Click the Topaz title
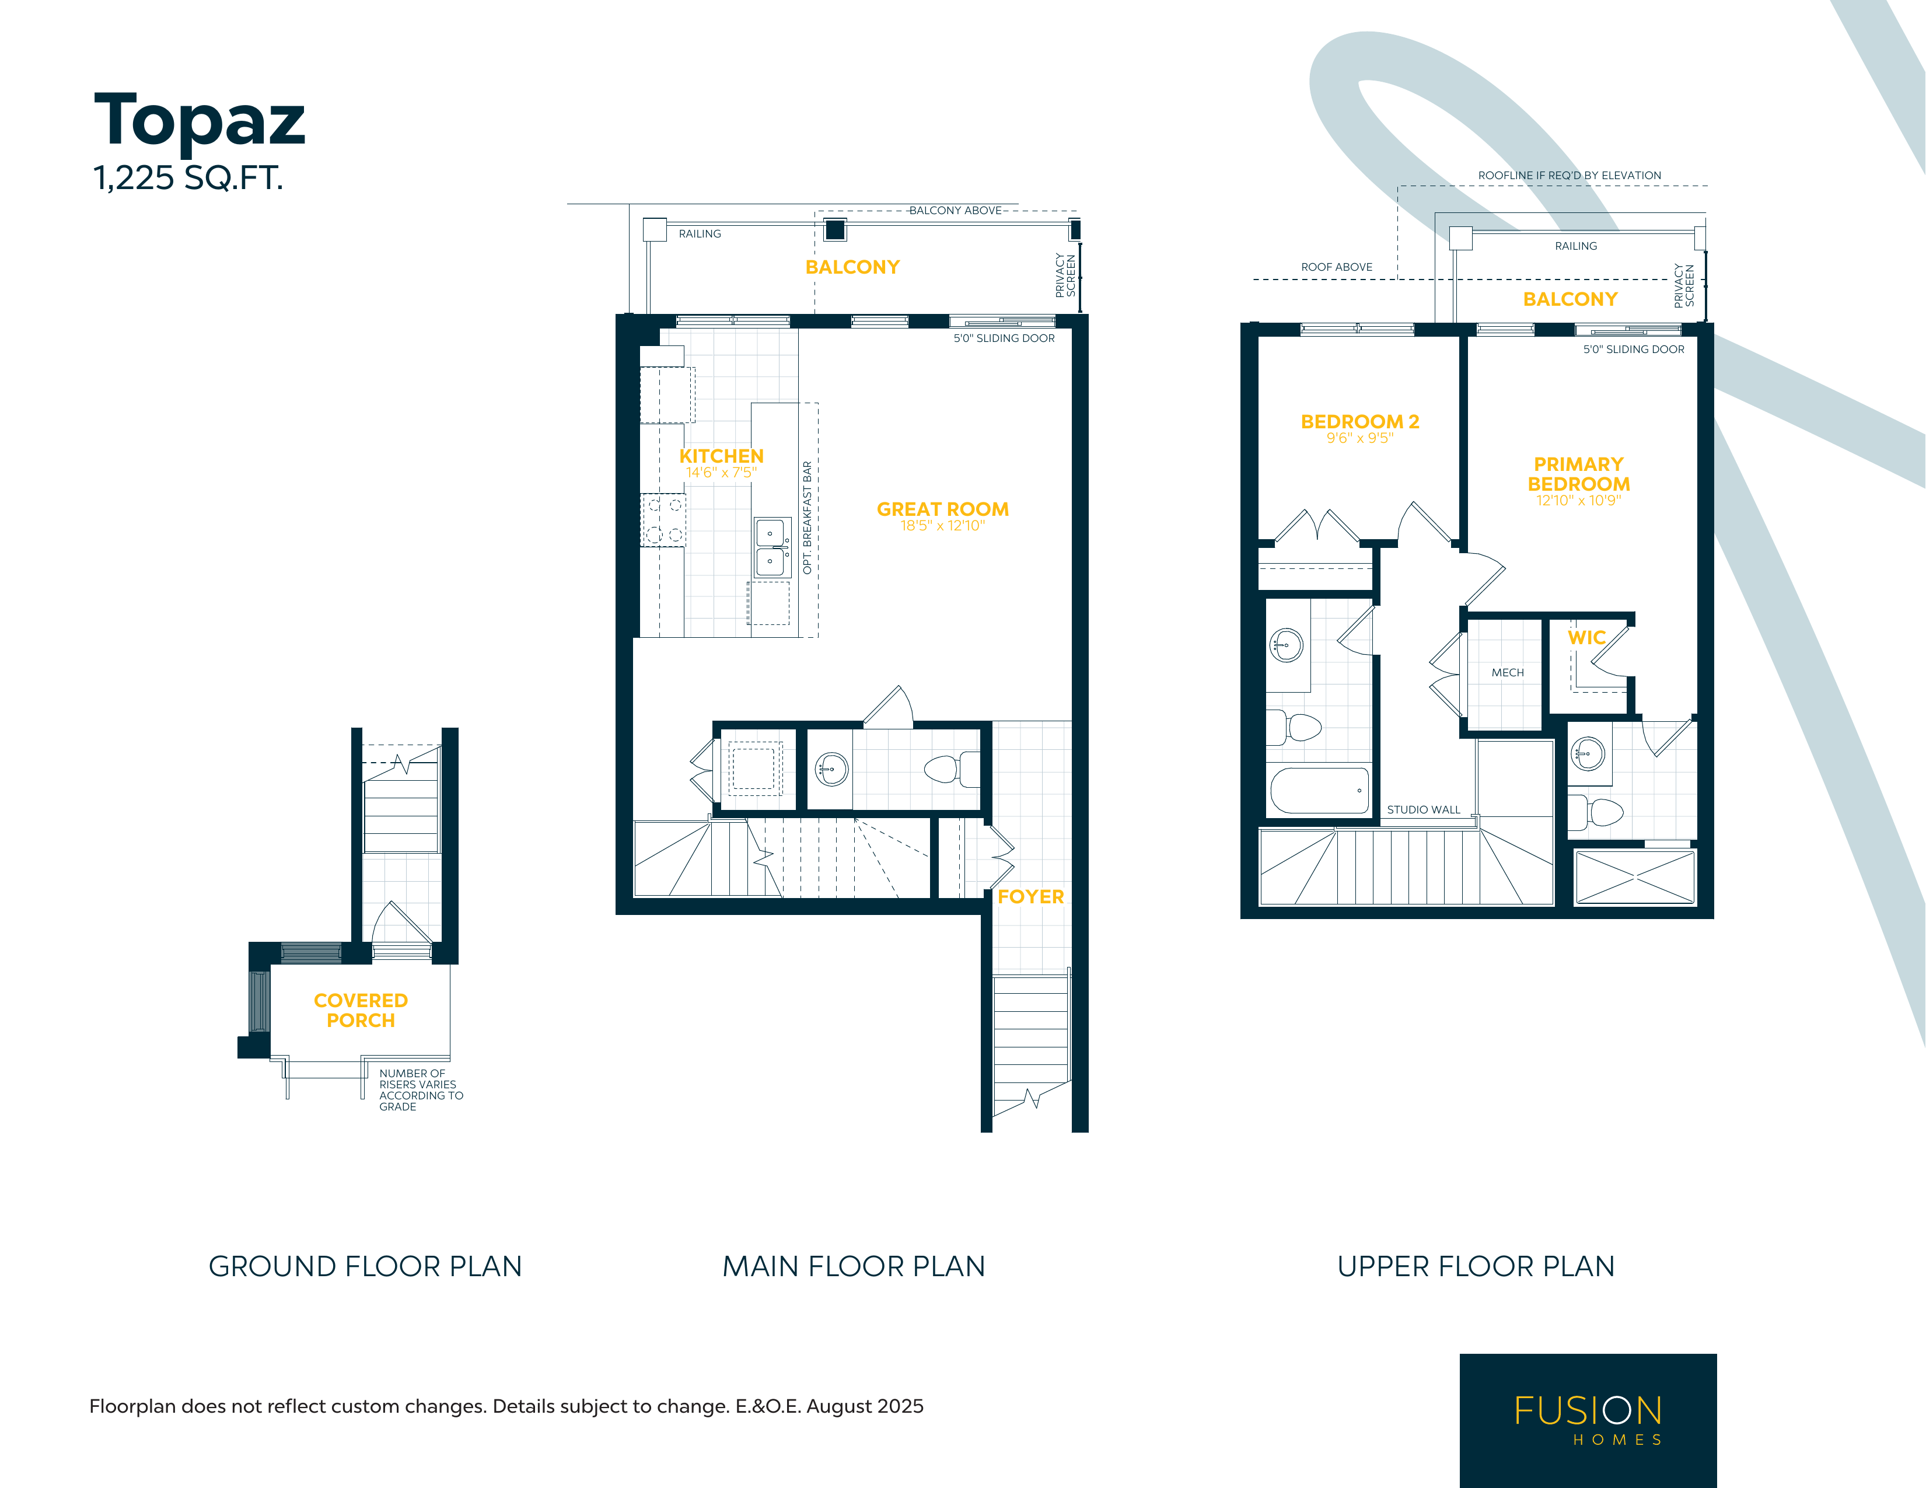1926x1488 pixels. pyautogui.click(x=200, y=120)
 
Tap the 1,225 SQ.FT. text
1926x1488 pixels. pyautogui.click(x=188, y=178)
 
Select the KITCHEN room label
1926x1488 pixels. pyautogui.click(x=721, y=456)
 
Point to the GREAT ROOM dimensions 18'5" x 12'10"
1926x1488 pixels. pyautogui.click(x=943, y=526)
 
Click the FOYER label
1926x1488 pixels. pyautogui.click(x=1031, y=896)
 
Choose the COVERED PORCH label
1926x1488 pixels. pyautogui.click(x=361, y=1010)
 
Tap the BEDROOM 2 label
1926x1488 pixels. pyautogui.click(x=1360, y=422)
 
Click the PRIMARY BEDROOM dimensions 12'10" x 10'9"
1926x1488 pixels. pyautogui.click(x=1578, y=501)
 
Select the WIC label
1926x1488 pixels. pyautogui.click(x=1586, y=638)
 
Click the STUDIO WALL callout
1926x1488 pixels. pyautogui.click(x=1423, y=810)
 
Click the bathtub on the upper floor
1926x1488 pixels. pyautogui.click(x=1319, y=790)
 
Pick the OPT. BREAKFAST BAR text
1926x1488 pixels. pyautogui.click(x=807, y=518)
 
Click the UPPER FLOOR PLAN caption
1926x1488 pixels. pyautogui.click(x=1476, y=1267)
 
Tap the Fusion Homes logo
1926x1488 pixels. pyautogui.click(x=1588, y=1420)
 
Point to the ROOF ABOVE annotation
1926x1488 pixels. pyautogui.click(x=1337, y=267)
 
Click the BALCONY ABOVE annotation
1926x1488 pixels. pyautogui.click(x=955, y=211)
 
